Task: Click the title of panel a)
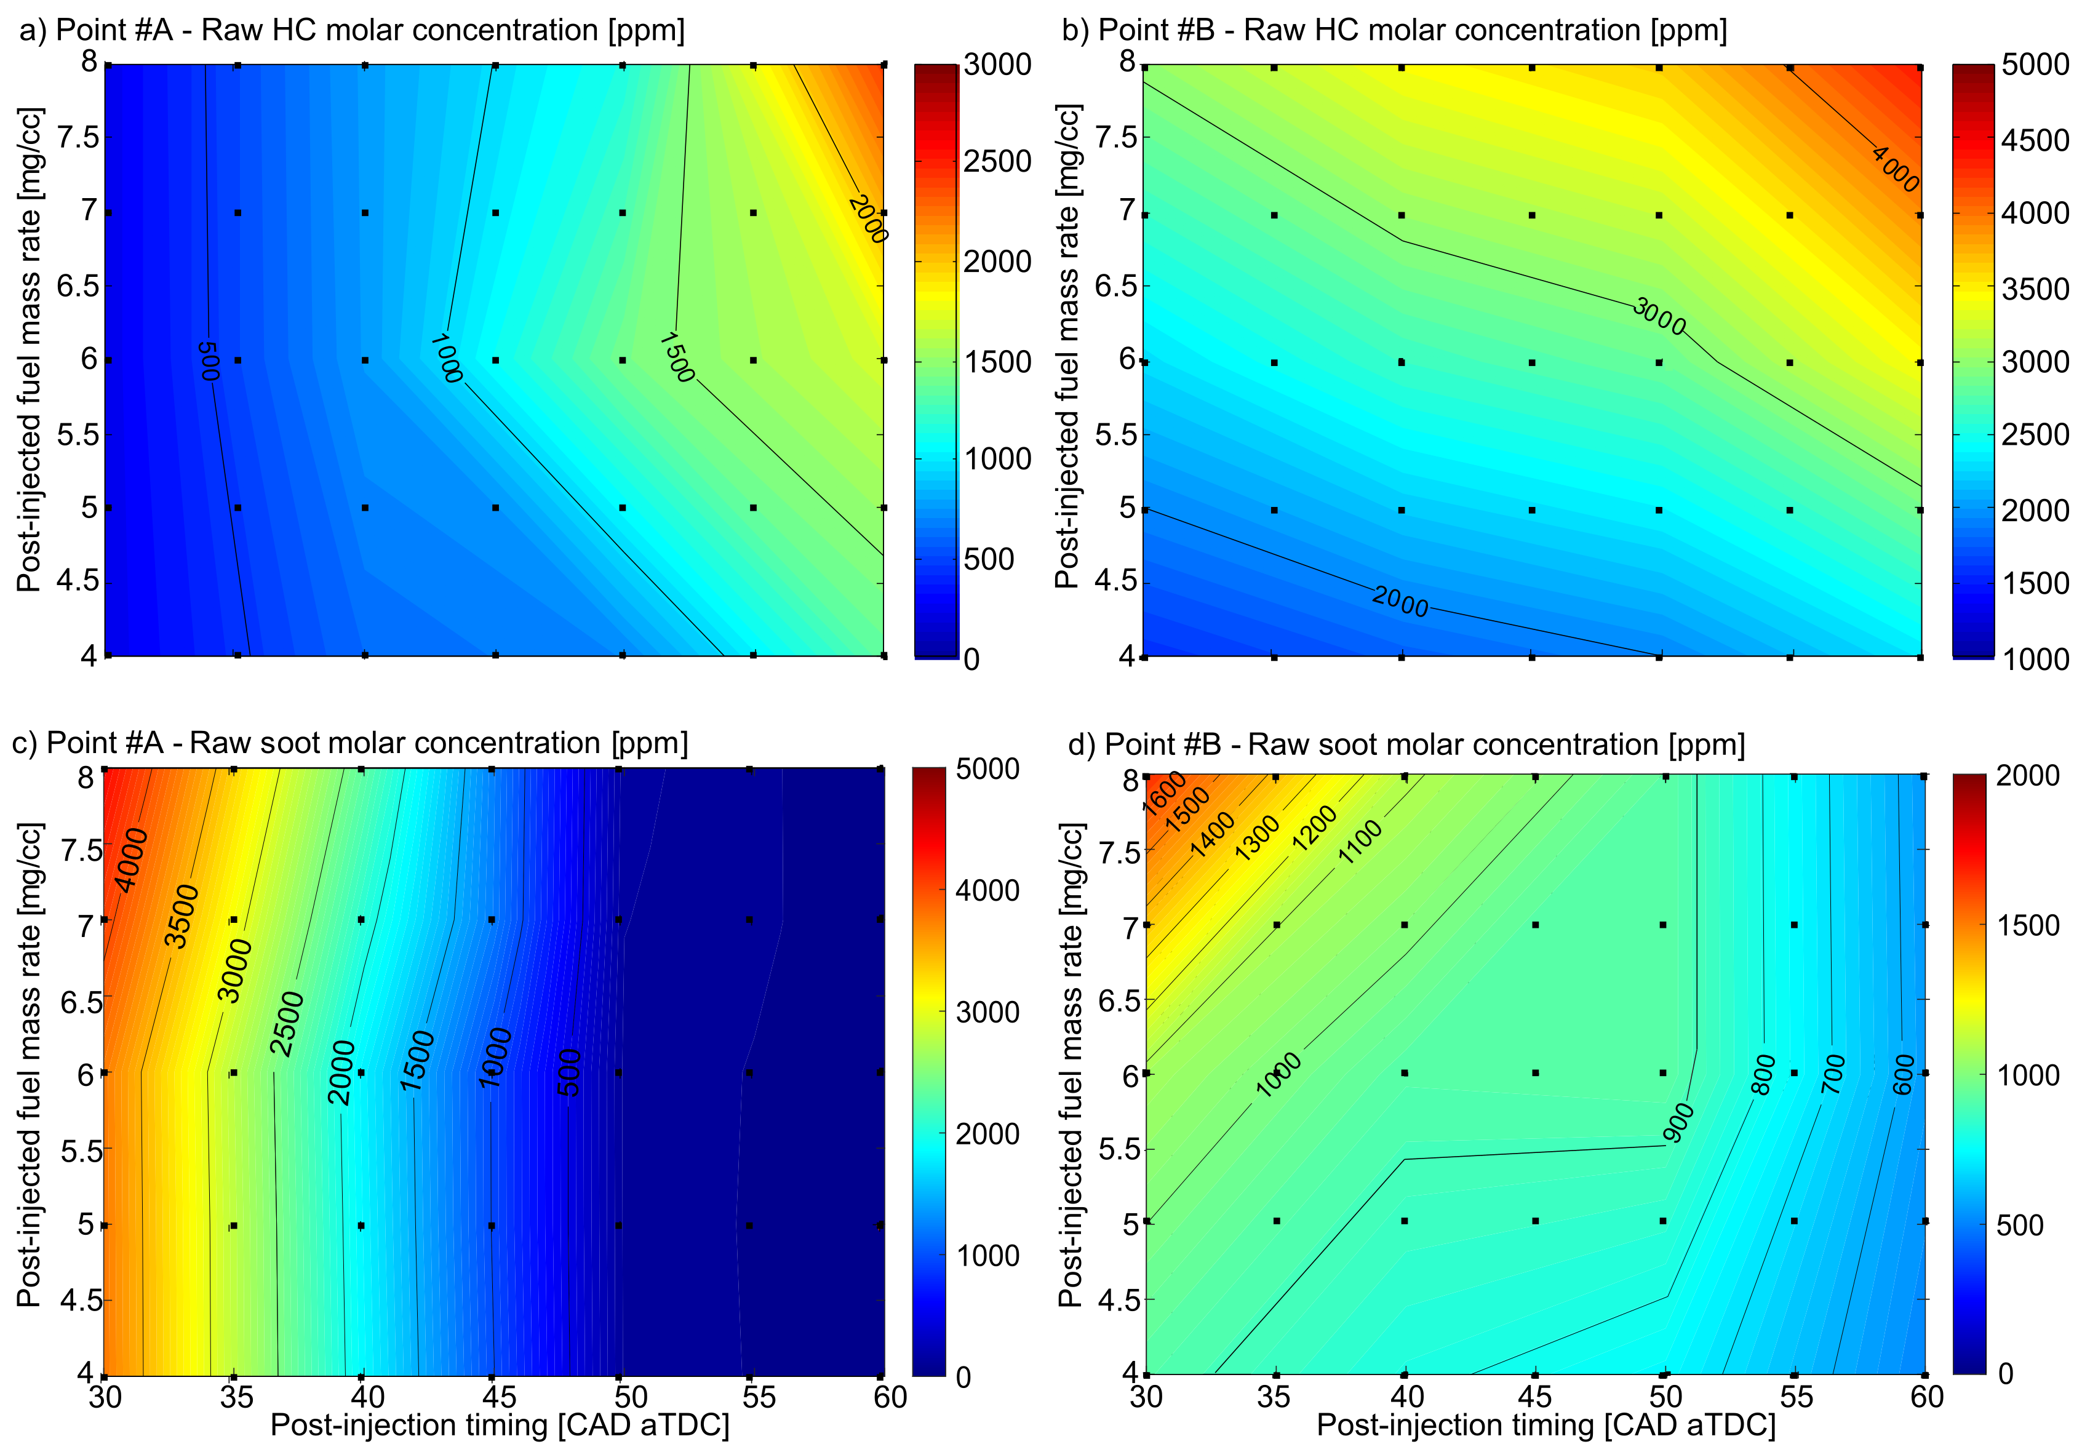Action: pos(352,30)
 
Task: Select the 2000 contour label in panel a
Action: pos(867,218)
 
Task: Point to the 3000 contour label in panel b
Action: pos(1659,316)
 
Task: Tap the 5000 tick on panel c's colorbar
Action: pos(987,769)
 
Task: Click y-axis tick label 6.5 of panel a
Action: pos(78,285)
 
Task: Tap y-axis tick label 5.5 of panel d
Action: pos(1118,1149)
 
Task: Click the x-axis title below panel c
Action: pos(500,1426)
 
